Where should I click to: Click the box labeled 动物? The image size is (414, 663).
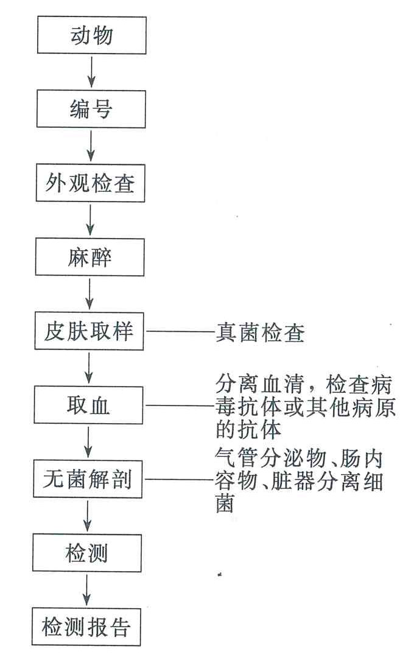coord(92,35)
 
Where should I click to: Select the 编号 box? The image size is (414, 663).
coord(91,109)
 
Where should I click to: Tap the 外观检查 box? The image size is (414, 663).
coord(91,183)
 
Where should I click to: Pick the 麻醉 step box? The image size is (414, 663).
coord(89,257)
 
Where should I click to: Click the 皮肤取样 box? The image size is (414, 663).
coord(89,331)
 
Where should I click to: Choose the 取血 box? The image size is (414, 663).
coord(88,405)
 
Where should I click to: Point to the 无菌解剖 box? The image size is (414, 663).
coord(88,479)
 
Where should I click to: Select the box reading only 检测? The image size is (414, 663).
coord(87,553)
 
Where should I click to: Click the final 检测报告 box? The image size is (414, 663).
coord(86,627)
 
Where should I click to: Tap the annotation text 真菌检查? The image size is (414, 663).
coord(260,333)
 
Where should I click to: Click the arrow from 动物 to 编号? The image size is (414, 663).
coord(91,72)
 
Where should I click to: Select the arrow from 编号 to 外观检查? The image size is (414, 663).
coord(91,146)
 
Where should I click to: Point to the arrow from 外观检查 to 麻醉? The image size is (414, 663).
coord(90,220)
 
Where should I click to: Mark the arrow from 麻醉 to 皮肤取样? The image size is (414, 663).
coord(89,294)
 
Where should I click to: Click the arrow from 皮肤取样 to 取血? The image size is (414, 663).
coord(89,368)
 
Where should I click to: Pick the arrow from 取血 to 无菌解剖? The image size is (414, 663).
coord(88,442)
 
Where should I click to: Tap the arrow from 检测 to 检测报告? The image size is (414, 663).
coord(86,591)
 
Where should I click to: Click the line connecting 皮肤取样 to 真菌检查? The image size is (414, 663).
coord(180,332)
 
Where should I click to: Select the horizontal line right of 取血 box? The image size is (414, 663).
coord(180,406)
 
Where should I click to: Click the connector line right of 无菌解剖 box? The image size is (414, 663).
coord(179,480)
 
